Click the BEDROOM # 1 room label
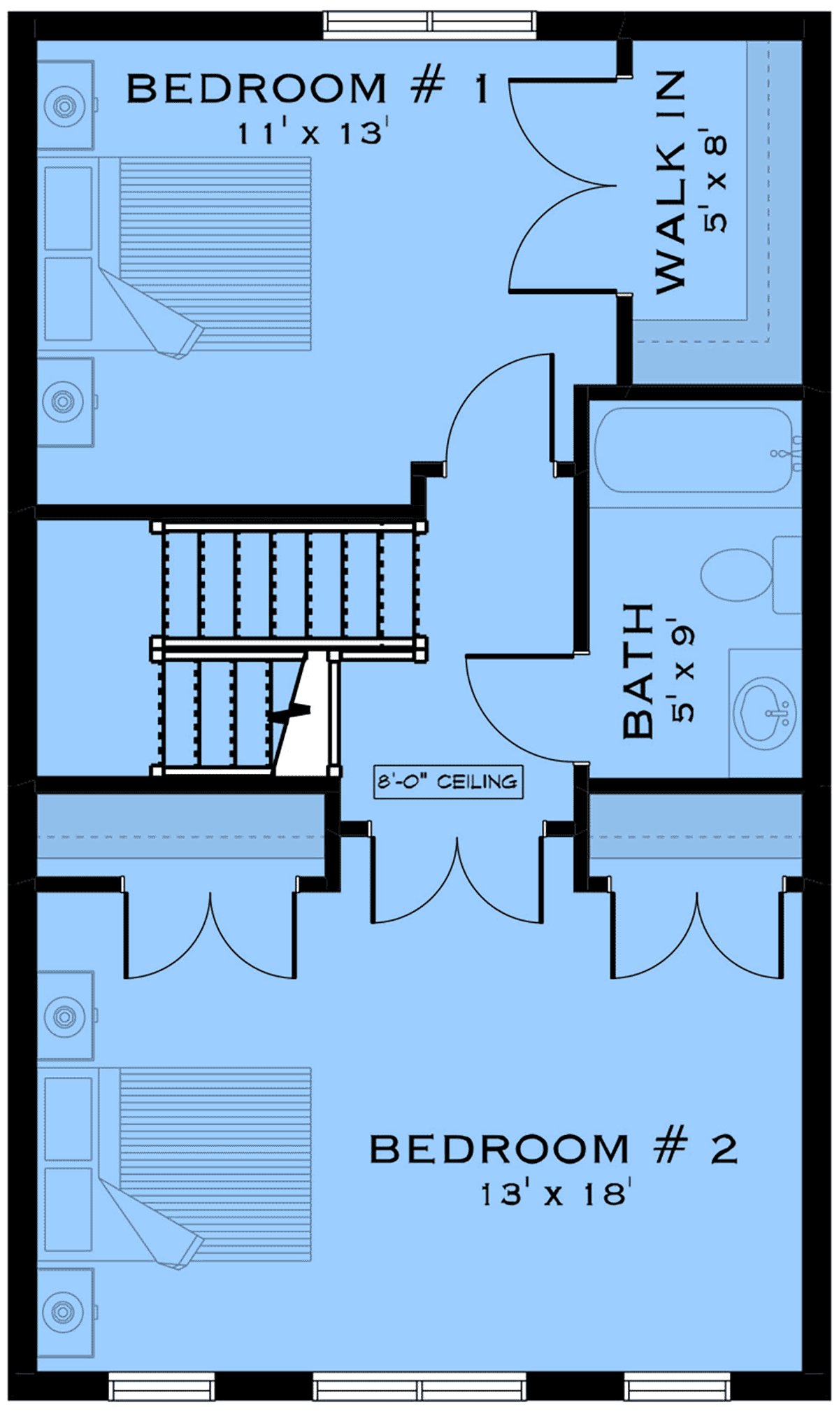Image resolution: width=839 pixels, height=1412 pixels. point(307,90)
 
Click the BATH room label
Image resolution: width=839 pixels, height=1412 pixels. point(638,671)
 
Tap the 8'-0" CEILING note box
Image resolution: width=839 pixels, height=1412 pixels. point(448,782)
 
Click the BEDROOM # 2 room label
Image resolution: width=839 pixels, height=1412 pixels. point(553,1150)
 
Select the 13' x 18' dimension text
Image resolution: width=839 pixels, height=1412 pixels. point(557,1194)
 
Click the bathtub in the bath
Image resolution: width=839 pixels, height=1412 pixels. point(694,450)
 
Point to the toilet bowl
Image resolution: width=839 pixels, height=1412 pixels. point(737,575)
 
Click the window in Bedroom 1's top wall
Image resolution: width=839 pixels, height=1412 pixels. point(430,24)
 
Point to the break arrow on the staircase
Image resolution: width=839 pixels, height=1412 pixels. point(292,712)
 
